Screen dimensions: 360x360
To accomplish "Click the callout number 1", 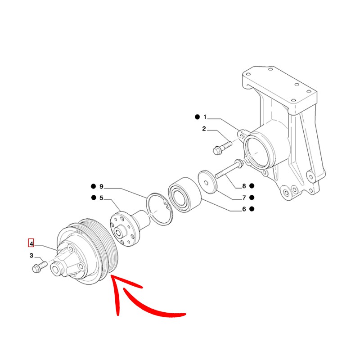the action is click(205, 117).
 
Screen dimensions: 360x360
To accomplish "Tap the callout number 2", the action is click(204, 129).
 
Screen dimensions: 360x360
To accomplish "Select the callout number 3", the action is click(31, 256).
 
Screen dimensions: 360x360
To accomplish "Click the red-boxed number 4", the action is click(31, 243).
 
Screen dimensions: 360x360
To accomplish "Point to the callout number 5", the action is click(101, 198).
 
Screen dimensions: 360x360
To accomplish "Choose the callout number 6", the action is click(244, 209).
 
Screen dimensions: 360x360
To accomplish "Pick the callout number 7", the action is click(244, 198).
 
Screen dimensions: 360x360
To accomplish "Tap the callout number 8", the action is click(244, 186).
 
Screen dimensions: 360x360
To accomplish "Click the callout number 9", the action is click(101, 186).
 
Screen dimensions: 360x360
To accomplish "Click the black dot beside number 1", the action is click(197, 117).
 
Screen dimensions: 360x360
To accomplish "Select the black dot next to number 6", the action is click(252, 209).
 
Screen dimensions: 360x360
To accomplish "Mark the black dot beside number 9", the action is click(93, 186).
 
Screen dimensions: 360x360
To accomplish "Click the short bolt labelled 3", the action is click(40, 267).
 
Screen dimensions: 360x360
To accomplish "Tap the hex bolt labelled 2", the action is click(222, 148).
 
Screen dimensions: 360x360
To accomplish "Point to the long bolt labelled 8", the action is click(229, 169).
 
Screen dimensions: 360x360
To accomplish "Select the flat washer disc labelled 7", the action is click(207, 182).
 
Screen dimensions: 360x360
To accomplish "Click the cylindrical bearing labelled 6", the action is click(185, 195).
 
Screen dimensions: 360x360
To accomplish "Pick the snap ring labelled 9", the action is click(159, 209).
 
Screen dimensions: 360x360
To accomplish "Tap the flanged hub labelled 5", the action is click(130, 228).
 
